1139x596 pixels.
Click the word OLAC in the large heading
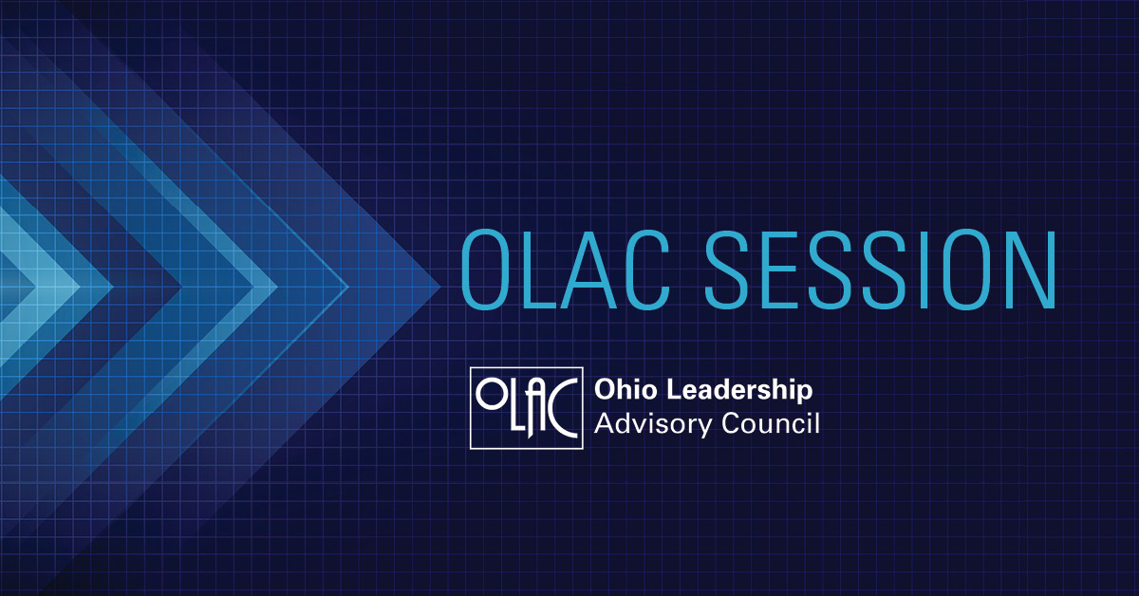coord(565,270)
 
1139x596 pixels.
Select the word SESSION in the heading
coord(880,270)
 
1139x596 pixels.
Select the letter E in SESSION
coord(779,270)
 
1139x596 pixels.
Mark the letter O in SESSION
coord(967,270)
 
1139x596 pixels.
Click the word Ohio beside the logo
coord(625,389)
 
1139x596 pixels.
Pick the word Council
coord(771,423)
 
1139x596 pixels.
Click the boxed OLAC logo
coord(526,408)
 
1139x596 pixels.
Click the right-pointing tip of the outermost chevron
coord(440,288)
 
